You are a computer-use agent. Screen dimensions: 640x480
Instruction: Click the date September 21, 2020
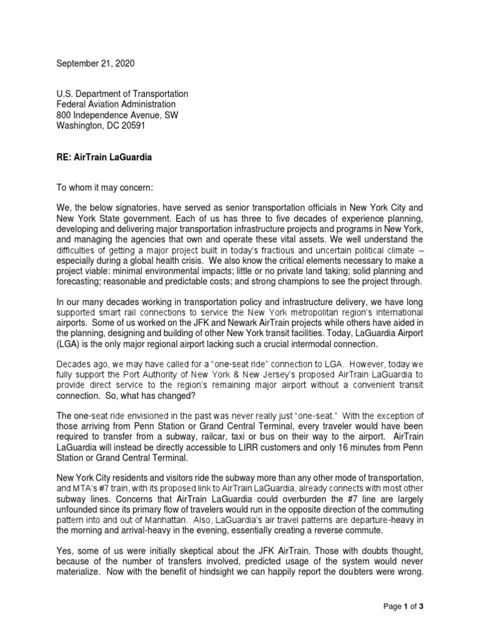(96, 64)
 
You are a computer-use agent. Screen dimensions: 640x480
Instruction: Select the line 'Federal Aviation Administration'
(116, 104)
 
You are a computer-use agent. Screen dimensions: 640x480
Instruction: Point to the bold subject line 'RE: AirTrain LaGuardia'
(104, 157)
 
